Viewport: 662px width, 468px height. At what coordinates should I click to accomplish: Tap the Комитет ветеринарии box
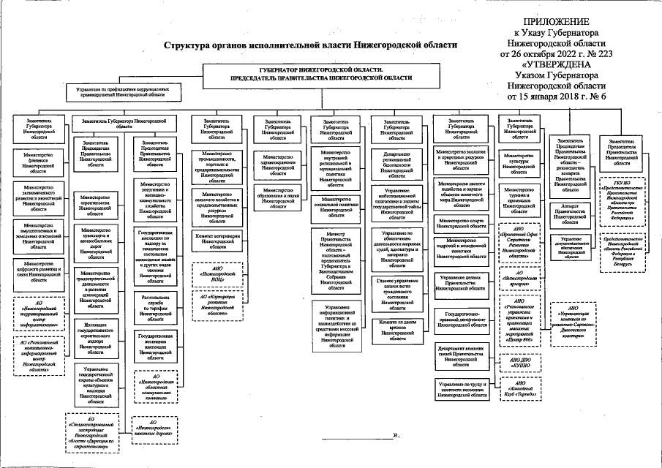pos(217,240)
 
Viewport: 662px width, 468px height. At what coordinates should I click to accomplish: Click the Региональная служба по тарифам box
pos(155,308)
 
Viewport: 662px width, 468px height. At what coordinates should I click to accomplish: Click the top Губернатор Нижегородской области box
pos(320,72)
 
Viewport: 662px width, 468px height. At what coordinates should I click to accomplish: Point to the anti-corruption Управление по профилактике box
pos(121,91)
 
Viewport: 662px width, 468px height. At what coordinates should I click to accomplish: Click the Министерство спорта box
pos(462,222)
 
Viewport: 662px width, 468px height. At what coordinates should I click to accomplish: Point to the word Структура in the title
pos(187,45)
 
